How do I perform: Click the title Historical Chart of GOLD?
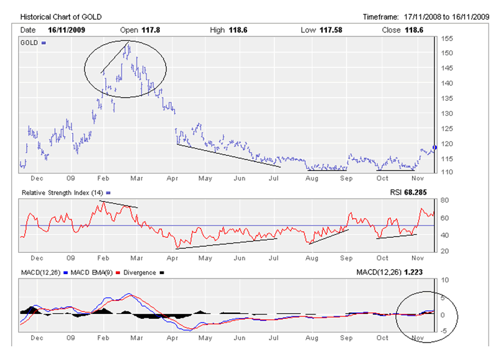click(60, 16)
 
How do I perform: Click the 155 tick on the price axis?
click(446, 39)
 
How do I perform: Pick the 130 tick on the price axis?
click(446, 113)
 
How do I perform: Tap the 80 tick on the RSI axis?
click(444, 201)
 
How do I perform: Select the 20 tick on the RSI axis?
click(444, 251)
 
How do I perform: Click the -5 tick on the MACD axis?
click(444, 331)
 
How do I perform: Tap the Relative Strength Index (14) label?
click(62, 193)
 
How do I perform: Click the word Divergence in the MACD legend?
click(140, 273)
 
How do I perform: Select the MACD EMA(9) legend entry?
click(90, 273)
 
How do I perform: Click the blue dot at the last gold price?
click(434, 147)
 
